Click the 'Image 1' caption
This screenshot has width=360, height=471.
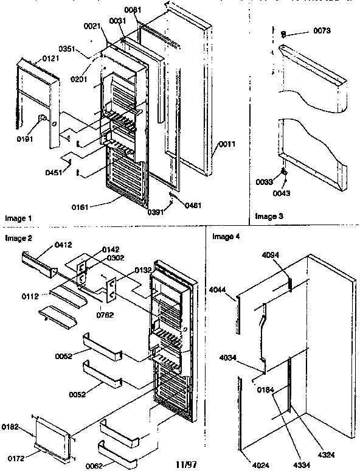point(18,217)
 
